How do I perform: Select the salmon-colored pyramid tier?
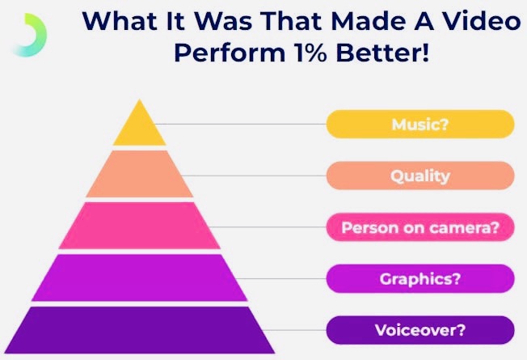point(140,174)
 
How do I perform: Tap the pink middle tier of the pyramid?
point(140,226)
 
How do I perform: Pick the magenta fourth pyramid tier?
point(140,277)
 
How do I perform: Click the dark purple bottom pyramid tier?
point(140,330)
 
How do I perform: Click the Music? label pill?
point(420,124)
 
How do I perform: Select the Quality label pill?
point(420,176)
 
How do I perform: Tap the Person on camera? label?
point(420,227)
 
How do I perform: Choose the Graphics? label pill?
point(420,278)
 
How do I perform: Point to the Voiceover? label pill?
point(420,330)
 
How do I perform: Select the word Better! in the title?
point(383,53)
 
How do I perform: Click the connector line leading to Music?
point(241,124)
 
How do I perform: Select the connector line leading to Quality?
point(254,176)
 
